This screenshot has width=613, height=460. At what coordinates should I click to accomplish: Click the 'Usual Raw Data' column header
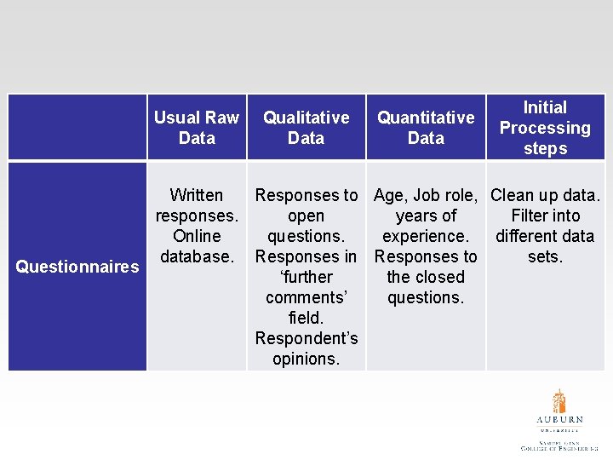coord(197,128)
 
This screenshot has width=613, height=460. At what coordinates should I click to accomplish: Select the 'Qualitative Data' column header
coord(306,128)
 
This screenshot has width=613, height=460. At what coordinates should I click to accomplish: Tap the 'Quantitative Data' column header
coord(426,128)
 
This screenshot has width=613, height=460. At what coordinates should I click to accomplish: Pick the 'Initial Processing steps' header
coord(545,128)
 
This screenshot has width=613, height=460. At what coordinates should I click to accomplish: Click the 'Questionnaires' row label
coord(77,267)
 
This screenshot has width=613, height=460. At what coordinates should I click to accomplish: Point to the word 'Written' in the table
coord(197,195)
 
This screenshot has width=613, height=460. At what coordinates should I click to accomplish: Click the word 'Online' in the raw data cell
coord(197,236)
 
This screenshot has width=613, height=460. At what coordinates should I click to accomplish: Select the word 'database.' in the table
coord(197,256)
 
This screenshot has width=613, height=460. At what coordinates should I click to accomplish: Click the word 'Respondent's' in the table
coord(306,338)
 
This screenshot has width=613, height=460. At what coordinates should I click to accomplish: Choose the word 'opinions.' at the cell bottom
coord(306,359)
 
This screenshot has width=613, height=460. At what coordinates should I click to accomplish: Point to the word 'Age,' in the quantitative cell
coord(391,195)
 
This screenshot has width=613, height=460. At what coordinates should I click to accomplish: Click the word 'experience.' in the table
coord(426,236)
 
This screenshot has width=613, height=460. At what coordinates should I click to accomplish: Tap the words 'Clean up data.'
coord(545,195)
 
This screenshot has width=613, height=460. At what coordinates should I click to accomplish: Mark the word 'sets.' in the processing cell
coord(545,256)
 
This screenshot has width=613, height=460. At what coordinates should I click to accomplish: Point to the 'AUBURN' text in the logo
coord(559,419)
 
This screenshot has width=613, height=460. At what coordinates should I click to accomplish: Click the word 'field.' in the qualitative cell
coord(306,318)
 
